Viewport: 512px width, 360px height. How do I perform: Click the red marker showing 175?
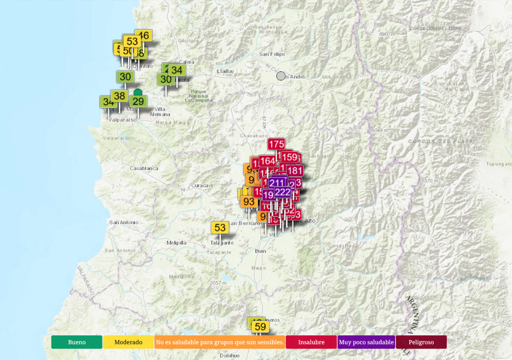276,144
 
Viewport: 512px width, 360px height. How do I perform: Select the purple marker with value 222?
282,192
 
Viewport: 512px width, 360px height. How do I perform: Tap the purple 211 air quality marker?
278,182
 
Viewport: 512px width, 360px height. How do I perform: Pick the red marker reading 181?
295,170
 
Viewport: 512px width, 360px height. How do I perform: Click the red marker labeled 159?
289,157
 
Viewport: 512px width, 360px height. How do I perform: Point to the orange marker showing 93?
248,201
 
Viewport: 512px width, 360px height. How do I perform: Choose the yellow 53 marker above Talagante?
220,227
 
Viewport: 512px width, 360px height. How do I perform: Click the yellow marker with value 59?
260,327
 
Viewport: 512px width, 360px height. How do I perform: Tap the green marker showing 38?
119,96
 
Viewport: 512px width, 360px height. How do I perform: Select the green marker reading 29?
138,101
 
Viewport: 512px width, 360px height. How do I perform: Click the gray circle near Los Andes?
281,76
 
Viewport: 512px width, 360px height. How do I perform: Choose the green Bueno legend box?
76,342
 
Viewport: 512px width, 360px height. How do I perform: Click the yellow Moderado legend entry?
128,342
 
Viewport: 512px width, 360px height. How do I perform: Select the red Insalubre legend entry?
311,342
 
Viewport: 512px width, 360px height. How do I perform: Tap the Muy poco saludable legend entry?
366,342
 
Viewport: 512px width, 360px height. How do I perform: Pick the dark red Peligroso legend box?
421,342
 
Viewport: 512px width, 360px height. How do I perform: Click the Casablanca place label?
144,168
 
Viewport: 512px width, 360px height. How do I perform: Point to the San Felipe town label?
272,54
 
